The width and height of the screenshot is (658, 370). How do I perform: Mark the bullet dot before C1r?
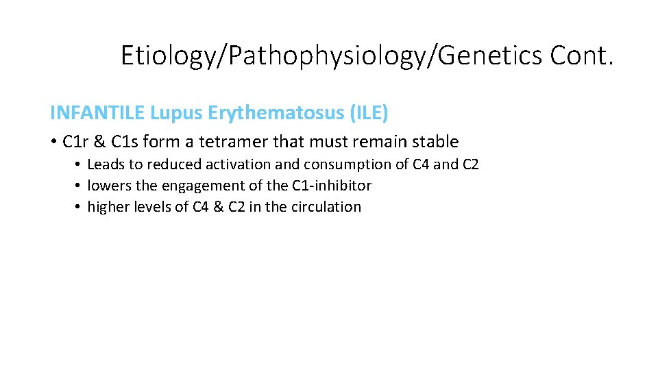(x=53, y=143)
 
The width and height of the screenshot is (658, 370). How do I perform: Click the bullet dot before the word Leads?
(x=79, y=165)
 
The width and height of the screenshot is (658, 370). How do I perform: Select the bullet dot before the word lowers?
(x=79, y=186)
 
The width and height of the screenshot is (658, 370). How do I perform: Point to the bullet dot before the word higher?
(x=79, y=207)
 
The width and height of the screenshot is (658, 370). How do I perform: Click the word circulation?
(x=326, y=206)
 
